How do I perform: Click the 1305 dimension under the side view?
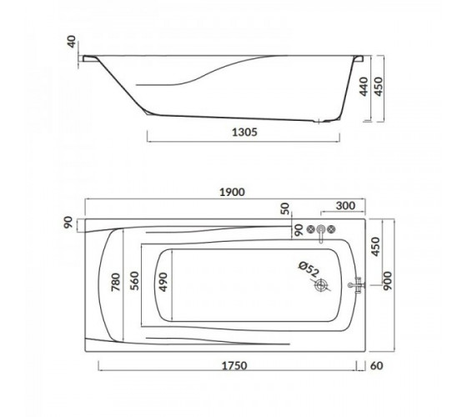tap(244, 132)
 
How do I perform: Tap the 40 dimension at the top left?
tap(72, 42)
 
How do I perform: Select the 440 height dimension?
tap(364, 87)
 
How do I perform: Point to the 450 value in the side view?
tap(378, 87)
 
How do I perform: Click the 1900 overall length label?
tap(232, 192)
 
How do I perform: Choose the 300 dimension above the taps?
tap(345, 205)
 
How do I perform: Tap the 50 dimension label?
tap(285, 208)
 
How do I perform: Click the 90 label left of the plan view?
tap(68, 223)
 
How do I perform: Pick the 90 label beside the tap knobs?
tap(299, 230)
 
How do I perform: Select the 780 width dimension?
tap(116, 282)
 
